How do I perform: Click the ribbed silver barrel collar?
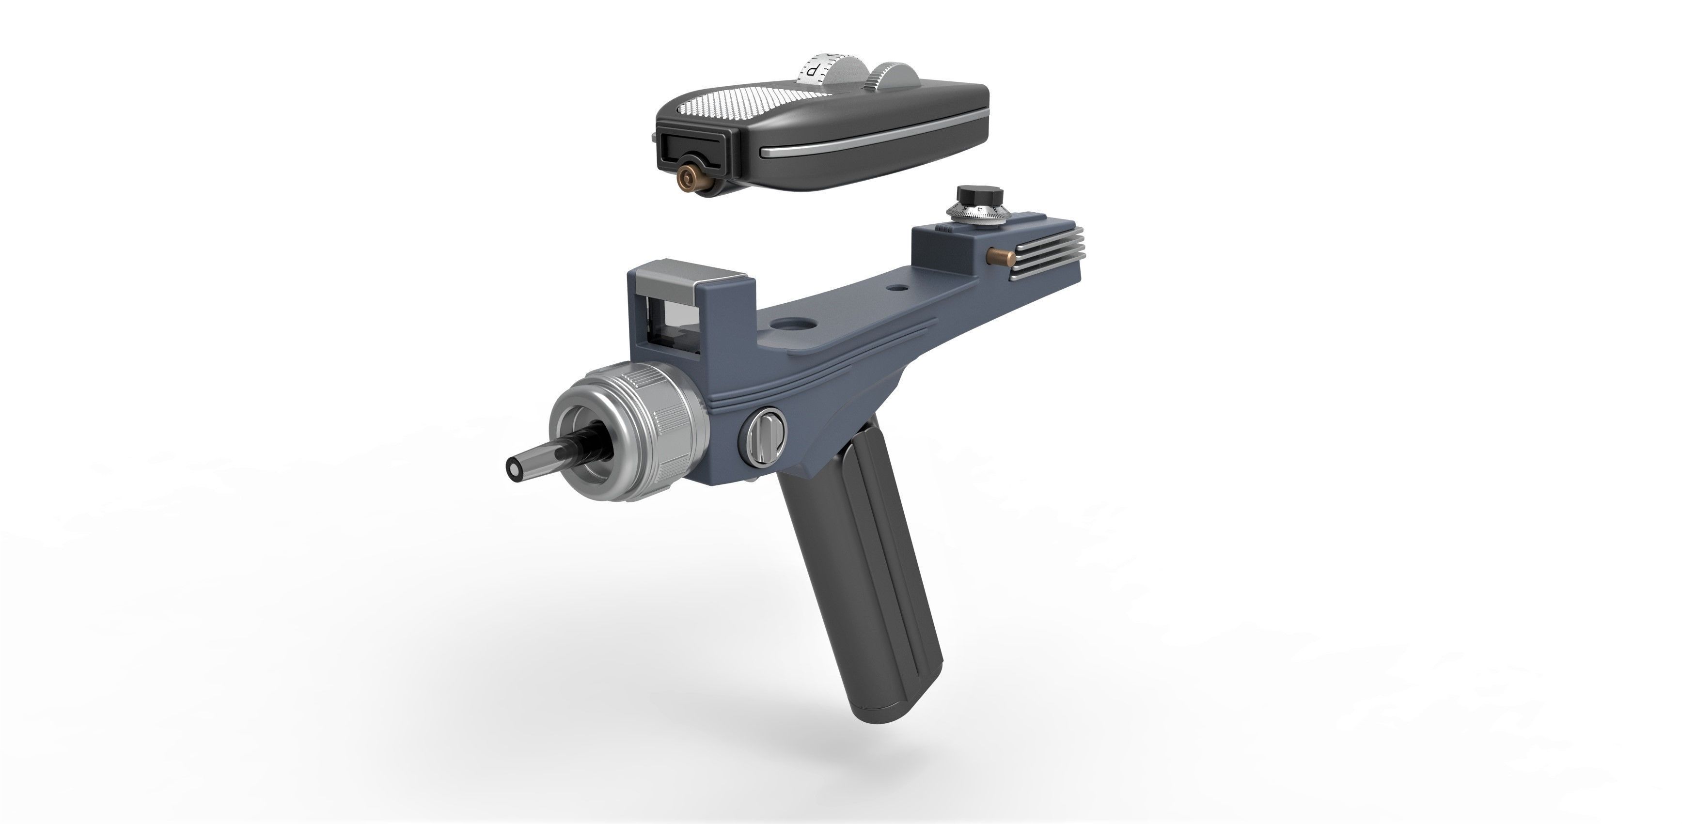665,421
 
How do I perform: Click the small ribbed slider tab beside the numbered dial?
943,228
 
